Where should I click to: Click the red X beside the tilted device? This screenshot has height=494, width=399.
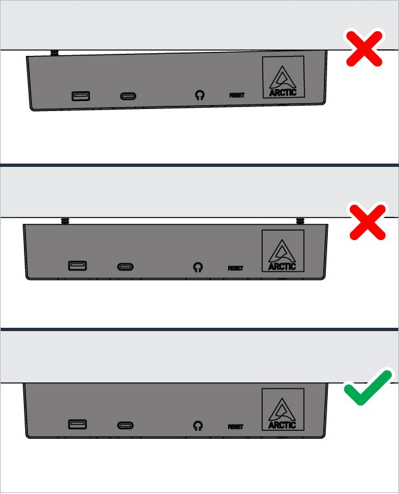364,49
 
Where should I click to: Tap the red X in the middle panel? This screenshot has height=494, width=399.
368,222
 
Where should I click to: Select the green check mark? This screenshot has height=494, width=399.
368,388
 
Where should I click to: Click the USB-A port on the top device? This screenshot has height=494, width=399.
81,96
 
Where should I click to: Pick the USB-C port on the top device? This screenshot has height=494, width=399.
128,96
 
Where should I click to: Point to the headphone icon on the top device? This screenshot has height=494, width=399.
199,95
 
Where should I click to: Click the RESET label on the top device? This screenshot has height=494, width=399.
237,95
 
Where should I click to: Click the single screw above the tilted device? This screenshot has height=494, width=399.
55,53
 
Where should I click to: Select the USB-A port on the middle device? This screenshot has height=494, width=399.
78,265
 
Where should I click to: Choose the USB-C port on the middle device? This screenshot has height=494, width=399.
126,267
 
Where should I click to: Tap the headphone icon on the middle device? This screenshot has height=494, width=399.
198,267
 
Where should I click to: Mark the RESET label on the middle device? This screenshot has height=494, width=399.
235,268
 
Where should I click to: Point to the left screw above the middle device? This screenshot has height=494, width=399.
65,221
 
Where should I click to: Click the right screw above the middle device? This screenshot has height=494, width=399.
301,221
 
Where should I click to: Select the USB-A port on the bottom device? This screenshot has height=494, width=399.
78,424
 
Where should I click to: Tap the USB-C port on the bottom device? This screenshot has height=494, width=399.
126,426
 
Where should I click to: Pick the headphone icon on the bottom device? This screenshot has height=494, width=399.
198,426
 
